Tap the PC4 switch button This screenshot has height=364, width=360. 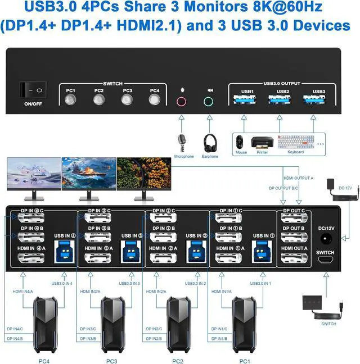pos(154,101)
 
